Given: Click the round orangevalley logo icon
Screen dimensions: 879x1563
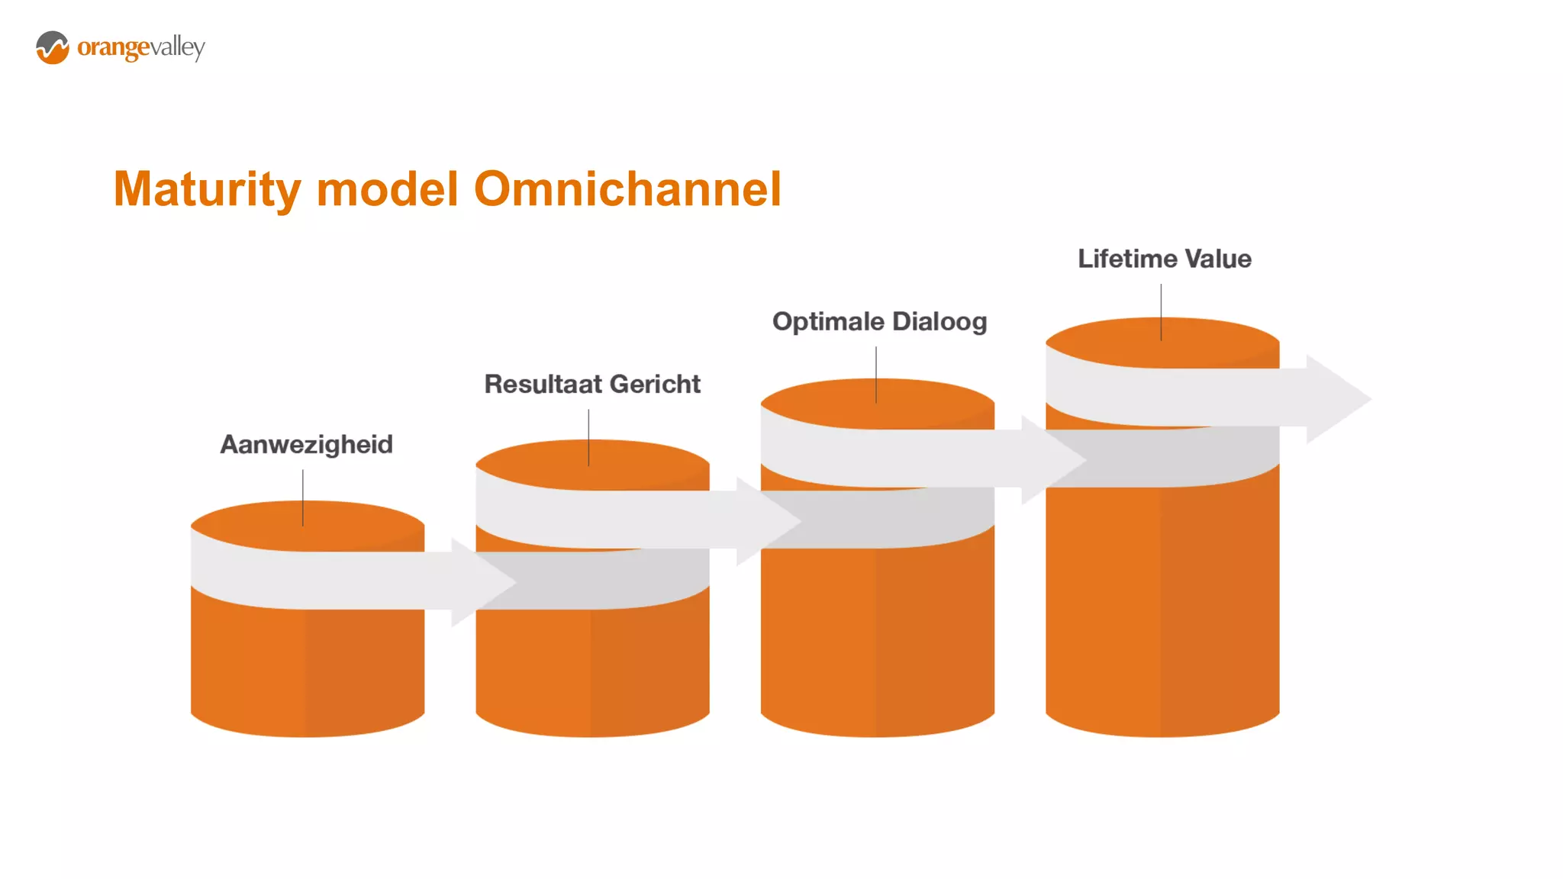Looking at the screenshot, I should tap(53, 47).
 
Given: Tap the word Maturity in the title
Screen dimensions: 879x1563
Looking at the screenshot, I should tap(207, 189).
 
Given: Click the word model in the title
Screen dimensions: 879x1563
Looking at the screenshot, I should tap(387, 189).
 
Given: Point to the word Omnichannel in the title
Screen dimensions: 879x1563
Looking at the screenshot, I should tap(627, 189).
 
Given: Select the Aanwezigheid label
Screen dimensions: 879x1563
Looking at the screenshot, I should tap(306, 444).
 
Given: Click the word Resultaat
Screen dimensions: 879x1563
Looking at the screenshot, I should tap(535, 384).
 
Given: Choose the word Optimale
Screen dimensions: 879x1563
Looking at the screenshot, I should tap(827, 322).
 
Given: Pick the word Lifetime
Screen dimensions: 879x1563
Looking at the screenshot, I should tap(1126, 259).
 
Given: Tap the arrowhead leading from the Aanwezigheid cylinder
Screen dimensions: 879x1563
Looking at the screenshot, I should tap(481, 582).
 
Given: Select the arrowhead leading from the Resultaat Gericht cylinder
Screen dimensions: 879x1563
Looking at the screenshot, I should tap(766, 521).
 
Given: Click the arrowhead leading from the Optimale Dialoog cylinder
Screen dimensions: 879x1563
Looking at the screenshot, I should tap(1052, 460).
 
